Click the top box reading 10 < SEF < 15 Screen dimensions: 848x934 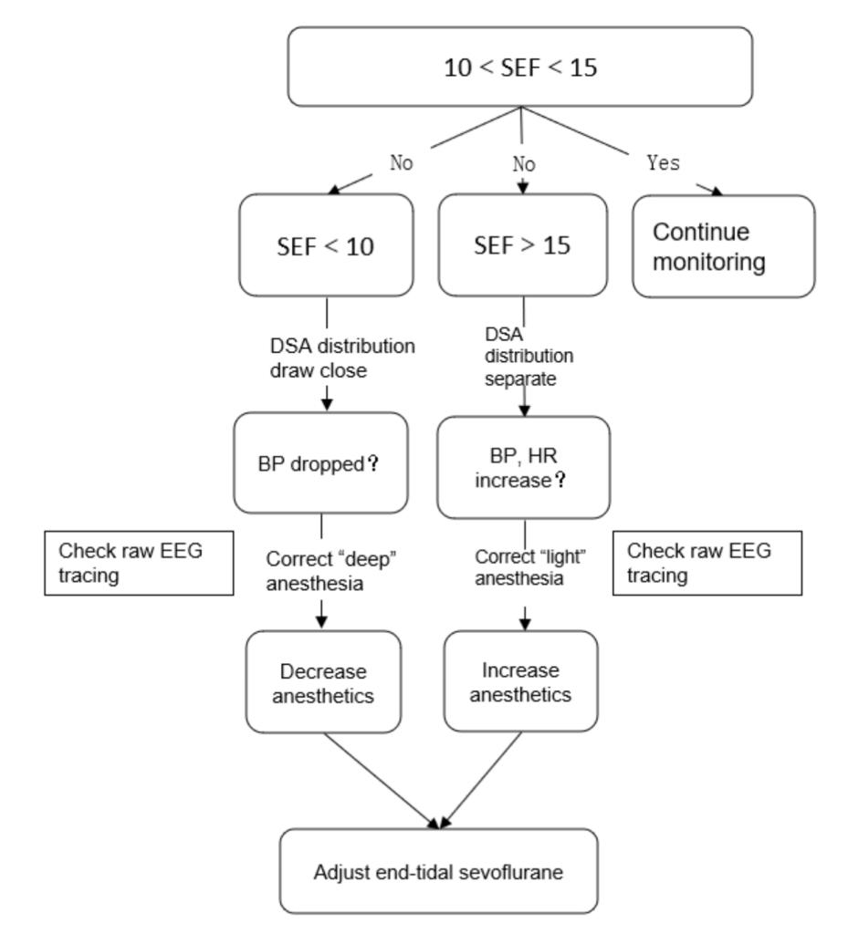pyautogui.click(x=519, y=67)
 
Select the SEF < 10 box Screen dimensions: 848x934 pyautogui.click(x=326, y=244)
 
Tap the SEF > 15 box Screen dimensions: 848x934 pyautogui.click(x=523, y=244)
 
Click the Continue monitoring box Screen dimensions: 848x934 pyautogui.click(x=724, y=246)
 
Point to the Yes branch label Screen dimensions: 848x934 pyautogui.click(x=664, y=162)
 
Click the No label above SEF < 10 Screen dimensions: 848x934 pyautogui.click(x=401, y=162)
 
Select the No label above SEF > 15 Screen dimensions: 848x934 pyautogui.click(x=524, y=164)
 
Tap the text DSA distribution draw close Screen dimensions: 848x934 pyautogui.click(x=342, y=358)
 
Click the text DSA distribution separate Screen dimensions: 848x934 pyautogui.click(x=529, y=357)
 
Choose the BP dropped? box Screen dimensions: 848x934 pyautogui.click(x=320, y=462)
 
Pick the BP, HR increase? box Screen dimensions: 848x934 pyautogui.click(x=523, y=468)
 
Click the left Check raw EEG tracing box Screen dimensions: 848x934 pyautogui.click(x=139, y=563)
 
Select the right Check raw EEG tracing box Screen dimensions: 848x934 pyautogui.click(x=707, y=563)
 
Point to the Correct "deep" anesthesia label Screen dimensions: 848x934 pyautogui.click(x=331, y=571)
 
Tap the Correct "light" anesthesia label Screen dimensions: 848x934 pyautogui.click(x=529, y=567)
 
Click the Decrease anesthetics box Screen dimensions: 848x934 pyautogui.click(x=323, y=682)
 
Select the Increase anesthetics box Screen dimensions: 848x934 pyautogui.click(x=520, y=681)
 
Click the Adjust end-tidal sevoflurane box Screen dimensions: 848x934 pyautogui.click(x=438, y=871)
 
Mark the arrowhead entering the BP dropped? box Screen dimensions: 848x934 pyautogui.click(x=327, y=405)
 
